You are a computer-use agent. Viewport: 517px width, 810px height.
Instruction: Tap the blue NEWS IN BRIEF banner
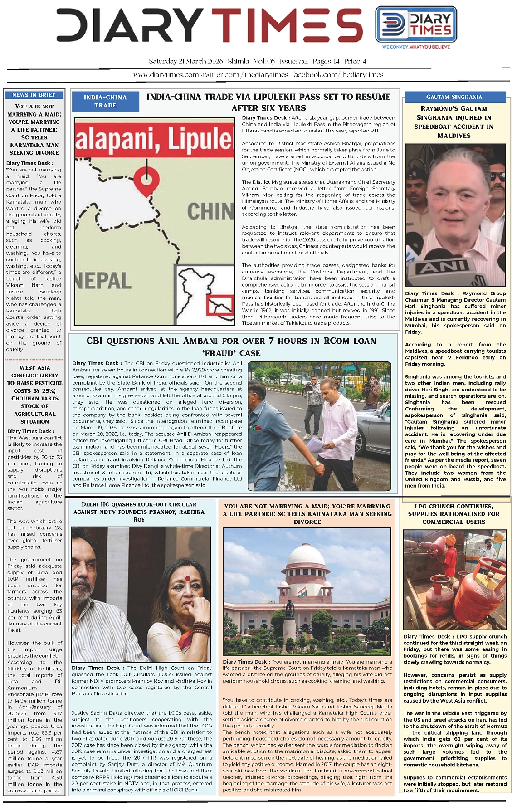tap(34, 95)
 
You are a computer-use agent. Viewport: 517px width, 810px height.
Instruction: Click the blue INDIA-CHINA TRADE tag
tap(105, 101)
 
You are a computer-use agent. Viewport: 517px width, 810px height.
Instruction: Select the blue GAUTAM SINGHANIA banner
tap(454, 97)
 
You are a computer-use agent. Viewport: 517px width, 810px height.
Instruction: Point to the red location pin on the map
tap(146, 178)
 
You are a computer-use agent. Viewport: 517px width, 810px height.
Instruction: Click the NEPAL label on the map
tap(103, 281)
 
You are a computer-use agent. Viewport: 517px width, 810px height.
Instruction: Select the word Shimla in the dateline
tap(239, 61)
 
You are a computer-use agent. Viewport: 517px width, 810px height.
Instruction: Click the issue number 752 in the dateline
tap(303, 61)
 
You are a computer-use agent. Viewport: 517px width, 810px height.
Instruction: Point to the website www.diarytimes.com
tap(166, 75)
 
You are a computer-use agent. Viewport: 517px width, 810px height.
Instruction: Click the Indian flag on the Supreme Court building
tap(301, 591)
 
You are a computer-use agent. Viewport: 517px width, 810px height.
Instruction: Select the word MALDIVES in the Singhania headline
tap(454, 136)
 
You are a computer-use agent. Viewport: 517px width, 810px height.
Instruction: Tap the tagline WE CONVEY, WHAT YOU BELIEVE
tap(416, 47)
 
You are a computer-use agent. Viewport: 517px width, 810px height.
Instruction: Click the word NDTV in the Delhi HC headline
tap(107, 512)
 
